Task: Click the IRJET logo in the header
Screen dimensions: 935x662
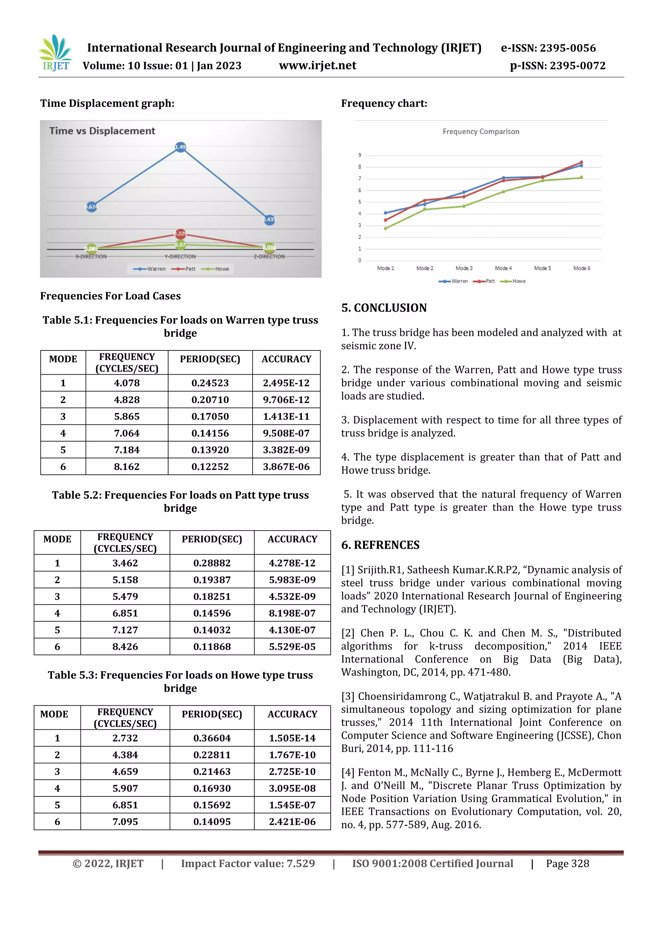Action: point(56,53)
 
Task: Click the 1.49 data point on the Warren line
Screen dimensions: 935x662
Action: point(180,147)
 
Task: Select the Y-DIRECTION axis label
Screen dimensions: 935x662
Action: point(180,256)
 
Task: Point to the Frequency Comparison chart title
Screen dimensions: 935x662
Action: point(481,131)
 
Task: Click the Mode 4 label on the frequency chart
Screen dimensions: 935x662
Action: point(503,268)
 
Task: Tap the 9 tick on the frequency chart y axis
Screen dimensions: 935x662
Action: point(359,155)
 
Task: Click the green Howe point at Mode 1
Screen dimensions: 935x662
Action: point(386,228)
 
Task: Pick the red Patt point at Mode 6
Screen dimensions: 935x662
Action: point(581,162)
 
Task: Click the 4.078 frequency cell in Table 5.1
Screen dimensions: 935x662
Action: point(127,383)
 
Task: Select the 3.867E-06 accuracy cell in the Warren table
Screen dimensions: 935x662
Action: point(286,467)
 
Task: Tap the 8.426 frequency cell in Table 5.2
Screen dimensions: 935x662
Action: point(125,647)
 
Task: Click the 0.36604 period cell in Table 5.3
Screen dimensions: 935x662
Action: point(212,738)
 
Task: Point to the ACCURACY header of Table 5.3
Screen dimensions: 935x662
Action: point(292,714)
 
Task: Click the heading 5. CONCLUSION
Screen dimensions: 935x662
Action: point(384,308)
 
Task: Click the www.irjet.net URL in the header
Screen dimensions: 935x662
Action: point(317,66)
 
